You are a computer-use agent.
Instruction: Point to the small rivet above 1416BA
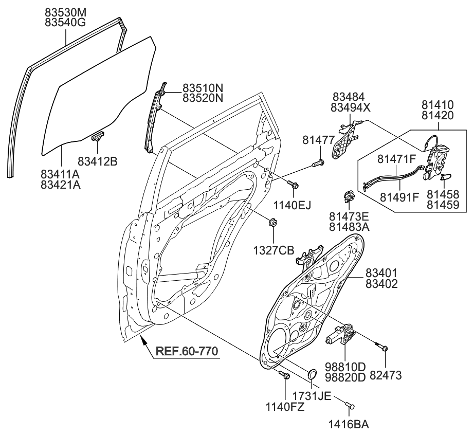pos(350,406)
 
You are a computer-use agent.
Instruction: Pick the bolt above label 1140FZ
pos(284,376)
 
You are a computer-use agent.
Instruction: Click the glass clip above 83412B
pos(97,136)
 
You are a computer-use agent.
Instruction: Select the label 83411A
pos(61,174)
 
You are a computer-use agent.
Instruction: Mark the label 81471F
pos(397,159)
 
